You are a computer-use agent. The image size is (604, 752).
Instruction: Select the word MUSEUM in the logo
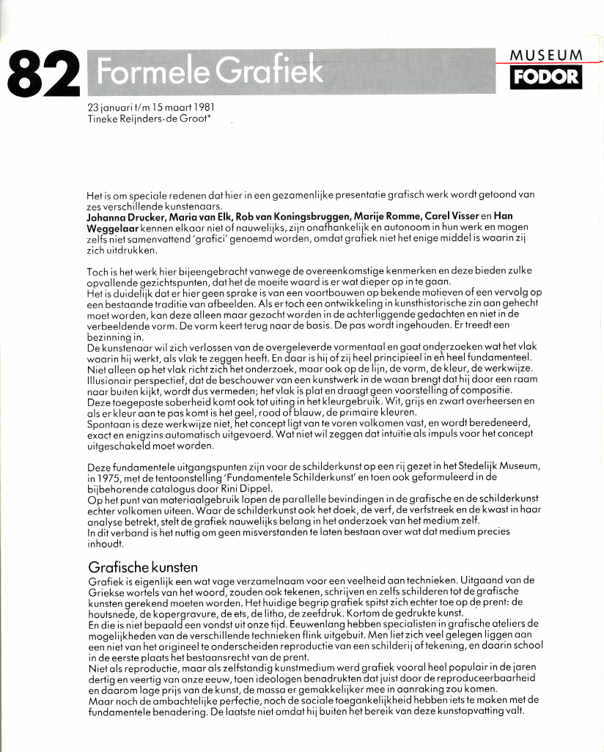point(546,55)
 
